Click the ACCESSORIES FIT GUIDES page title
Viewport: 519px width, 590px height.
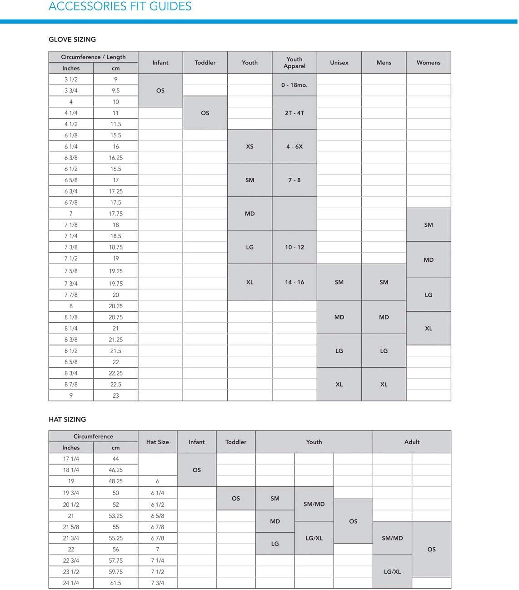120,6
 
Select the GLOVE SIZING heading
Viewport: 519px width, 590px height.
72,40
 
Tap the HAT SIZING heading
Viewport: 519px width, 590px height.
67,419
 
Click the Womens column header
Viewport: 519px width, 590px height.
428,63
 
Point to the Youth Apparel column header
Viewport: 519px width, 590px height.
294,63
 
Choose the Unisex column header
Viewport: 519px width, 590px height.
339,63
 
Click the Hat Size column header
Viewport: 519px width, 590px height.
157,442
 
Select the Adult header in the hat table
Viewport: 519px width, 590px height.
412,442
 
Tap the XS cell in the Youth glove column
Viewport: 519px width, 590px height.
250,146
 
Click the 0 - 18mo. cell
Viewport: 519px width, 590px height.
294,85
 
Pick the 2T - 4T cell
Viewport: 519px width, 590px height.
294,113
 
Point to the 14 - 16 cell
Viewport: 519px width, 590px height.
294,282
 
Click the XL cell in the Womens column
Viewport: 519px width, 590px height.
428,328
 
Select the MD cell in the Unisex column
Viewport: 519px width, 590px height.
339,317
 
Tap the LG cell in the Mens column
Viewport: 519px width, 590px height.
384,351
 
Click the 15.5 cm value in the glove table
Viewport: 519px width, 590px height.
115,135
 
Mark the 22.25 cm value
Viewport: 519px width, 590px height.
115,373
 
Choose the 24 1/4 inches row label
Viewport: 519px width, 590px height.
71,583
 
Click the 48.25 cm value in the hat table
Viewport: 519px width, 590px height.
115,481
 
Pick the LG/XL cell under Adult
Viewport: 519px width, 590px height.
392,572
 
